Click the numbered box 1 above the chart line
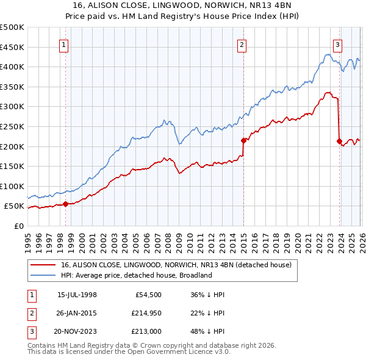click(64, 44)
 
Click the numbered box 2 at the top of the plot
click(242, 44)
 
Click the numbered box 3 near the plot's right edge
click(337, 44)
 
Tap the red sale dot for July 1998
click(65, 204)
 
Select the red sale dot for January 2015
click(243, 140)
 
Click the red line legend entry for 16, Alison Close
click(177, 265)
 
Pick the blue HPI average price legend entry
click(136, 275)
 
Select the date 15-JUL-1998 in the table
click(77, 294)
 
